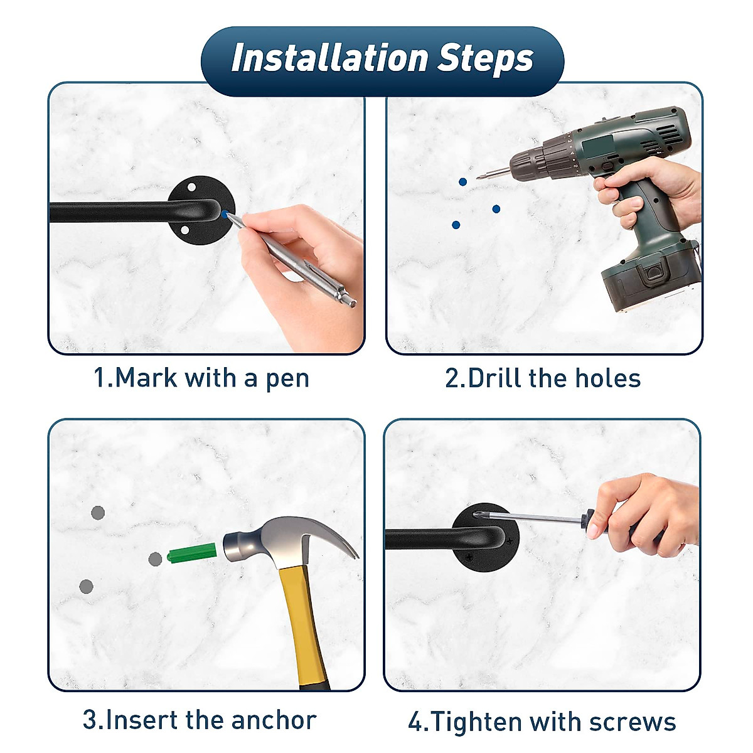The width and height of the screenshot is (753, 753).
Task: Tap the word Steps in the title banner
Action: (485, 60)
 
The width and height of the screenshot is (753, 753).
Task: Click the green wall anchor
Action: (192, 553)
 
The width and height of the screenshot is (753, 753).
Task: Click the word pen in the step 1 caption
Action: (287, 380)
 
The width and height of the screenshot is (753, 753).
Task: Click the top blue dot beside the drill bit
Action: (462, 182)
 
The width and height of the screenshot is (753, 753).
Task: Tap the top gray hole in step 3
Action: (98, 513)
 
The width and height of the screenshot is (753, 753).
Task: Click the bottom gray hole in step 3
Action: (86, 587)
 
